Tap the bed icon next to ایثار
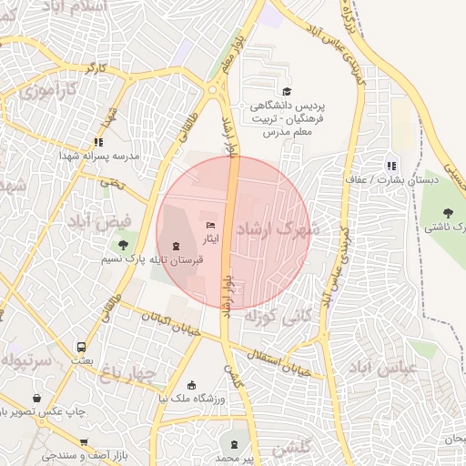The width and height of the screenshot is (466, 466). (211, 225)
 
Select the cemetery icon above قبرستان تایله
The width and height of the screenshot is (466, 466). (176, 246)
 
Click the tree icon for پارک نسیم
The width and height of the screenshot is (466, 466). (123, 244)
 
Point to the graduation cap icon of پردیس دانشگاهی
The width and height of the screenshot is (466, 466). (288, 91)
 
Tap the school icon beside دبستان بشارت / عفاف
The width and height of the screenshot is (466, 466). (391, 166)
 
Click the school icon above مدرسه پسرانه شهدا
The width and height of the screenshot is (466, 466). (98, 142)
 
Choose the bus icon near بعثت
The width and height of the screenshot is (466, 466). (82, 347)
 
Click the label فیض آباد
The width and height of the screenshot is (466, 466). (98, 220)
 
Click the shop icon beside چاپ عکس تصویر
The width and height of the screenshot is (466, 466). (36, 398)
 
